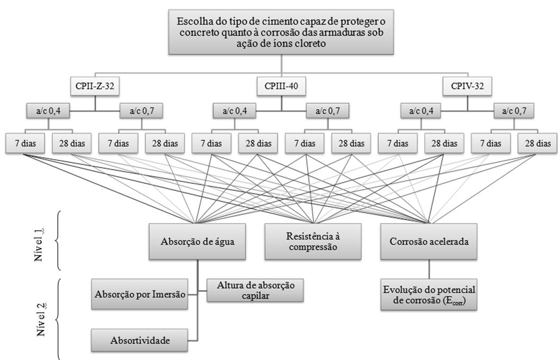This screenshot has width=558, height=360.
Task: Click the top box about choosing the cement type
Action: pyautogui.click(x=281, y=32)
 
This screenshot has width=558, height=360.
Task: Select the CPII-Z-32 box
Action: pyautogui.click(x=95, y=86)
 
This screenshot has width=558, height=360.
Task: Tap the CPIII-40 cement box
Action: pyautogui.click(x=282, y=86)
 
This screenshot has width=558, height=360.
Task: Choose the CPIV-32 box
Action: pyautogui.click(x=467, y=86)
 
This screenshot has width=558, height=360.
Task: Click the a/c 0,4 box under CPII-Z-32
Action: pyautogui.click(x=48, y=111)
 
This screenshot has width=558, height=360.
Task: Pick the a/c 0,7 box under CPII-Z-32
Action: pyautogui.click(x=141, y=111)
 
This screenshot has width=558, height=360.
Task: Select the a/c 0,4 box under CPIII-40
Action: pyautogui.click(x=234, y=111)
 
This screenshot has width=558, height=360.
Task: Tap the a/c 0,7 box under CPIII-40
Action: pyautogui.click(x=328, y=111)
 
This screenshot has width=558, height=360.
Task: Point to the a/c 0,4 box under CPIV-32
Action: pyautogui.click(x=421, y=111)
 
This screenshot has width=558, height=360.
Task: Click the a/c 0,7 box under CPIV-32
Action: pyautogui.click(x=514, y=111)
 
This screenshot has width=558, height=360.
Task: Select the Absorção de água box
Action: pyautogui.click(x=197, y=241)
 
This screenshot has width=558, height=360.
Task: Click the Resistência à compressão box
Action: pyautogui.click(x=313, y=241)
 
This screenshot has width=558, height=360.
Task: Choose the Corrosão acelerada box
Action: pyautogui.click(x=429, y=241)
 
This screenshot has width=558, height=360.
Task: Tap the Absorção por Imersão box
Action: pyautogui.click(x=140, y=294)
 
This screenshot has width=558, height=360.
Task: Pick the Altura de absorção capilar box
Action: pyautogui.click(x=255, y=290)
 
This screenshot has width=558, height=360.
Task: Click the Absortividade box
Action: pyautogui.click(x=140, y=340)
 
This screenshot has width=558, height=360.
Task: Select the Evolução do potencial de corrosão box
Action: pyautogui.click(x=429, y=295)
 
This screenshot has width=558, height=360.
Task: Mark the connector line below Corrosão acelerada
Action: pyautogui.click(x=429, y=269)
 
